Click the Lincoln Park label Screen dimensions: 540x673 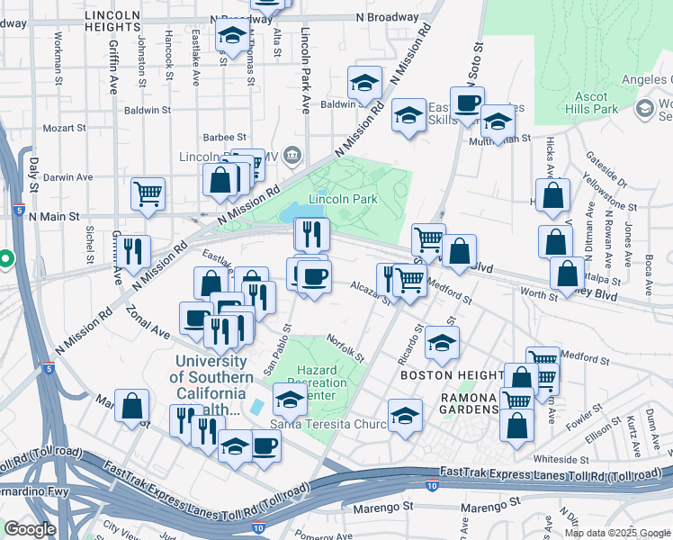pos(343,199)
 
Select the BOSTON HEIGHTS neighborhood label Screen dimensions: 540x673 pos(452,374)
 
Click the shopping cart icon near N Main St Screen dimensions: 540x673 pos(148,193)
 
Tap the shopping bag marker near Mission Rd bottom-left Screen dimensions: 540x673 pos(132,406)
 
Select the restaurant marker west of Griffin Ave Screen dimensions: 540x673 pos(135,251)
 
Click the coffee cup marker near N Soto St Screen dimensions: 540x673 pos(467,103)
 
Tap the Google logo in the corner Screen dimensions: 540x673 pos(30,529)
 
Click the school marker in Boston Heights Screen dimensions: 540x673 pos(441,343)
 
